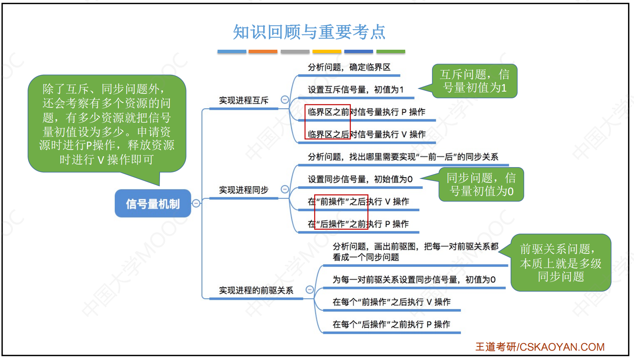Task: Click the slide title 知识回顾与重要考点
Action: tap(309, 32)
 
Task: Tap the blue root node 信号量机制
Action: tap(153, 203)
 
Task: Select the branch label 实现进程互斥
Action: tap(244, 101)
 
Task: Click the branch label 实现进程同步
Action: tap(244, 190)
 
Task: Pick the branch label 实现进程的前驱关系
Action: tap(256, 290)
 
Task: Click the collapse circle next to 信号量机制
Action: tap(196, 203)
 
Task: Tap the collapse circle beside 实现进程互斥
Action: tap(285, 99)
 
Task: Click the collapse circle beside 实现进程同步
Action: tap(285, 189)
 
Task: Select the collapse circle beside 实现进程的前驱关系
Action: tap(310, 289)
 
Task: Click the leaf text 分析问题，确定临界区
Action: tap(349, 67)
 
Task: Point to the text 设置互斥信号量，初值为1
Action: tap(356, 90)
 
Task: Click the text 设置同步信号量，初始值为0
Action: tap(360, 179)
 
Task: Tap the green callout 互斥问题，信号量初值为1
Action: tap(475, 81)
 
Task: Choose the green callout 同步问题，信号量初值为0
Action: tap(481, 184)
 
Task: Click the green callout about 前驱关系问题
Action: tap(560, 263)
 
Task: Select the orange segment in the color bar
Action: tap(263, 52)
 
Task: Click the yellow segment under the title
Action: tap(327, 52)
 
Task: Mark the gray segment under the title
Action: tap(295, 52)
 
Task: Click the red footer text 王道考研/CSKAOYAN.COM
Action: tap(540, 347)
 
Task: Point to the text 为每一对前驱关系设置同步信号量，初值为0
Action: tap(414, 280)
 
